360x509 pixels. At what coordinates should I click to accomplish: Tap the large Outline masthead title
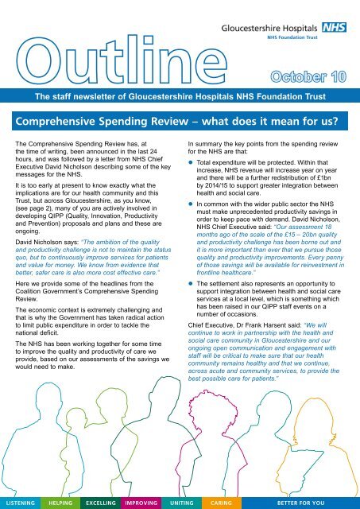click(119, 59)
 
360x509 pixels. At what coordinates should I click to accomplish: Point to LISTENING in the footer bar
click(22, 503)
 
